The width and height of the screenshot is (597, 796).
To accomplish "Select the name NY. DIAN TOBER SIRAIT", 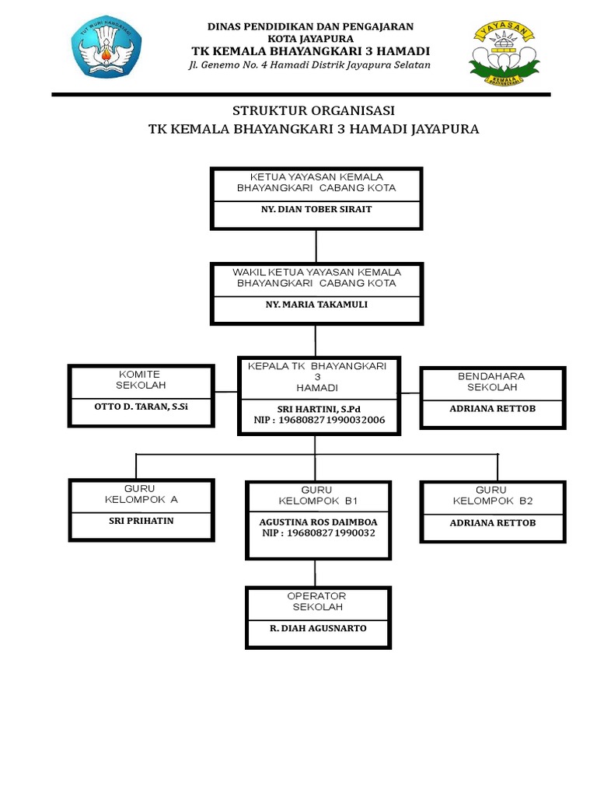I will (x=316, y=210).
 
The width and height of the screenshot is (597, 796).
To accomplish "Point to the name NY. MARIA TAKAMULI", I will (x=316, y=305).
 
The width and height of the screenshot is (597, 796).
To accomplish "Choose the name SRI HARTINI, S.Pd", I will (x=315, y=409).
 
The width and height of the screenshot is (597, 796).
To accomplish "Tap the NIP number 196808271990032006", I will (x=319, y=421).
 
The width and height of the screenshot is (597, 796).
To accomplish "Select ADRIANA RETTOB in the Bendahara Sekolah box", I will (x=492, y=408).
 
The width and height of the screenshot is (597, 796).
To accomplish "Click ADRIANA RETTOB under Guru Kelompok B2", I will (x=492, y=523).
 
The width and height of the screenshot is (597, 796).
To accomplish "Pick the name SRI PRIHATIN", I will (x=141, y=521).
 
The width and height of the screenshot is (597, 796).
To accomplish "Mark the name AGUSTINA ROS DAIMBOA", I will (x=318, y=522).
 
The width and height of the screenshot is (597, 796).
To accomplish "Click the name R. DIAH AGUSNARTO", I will (x=318, y=628).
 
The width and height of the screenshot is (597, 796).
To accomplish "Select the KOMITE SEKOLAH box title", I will (x=141, y=379).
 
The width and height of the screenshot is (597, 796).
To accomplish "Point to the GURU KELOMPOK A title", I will (x=141, y=494).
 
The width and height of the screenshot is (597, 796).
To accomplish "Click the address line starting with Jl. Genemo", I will (x=309, y=65).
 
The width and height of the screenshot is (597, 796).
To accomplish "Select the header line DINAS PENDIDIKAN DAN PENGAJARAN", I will (x=309, y=26).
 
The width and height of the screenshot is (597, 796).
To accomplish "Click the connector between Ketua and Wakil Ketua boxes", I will (x=316, y=246).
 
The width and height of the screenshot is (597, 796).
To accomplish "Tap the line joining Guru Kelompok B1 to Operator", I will (x=316, y=574).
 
